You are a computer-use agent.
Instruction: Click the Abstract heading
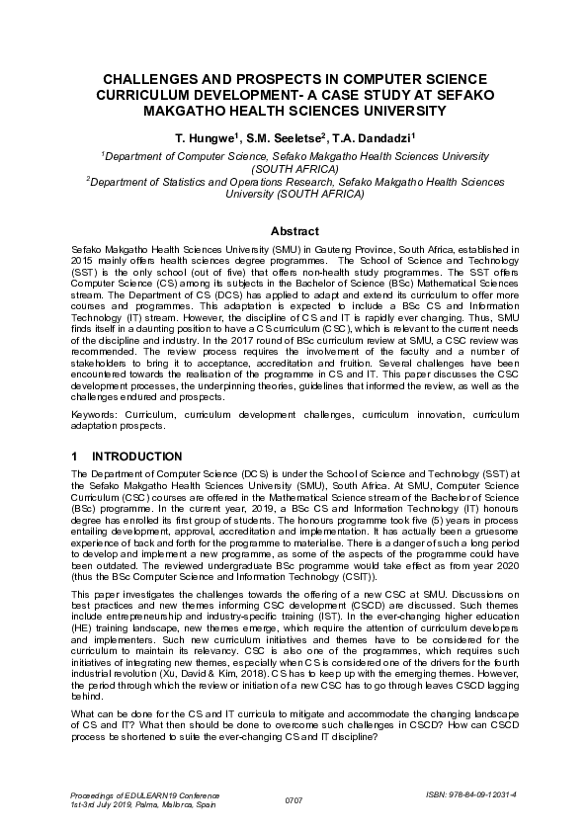coord(294,230)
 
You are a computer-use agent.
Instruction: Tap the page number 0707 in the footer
coord(294,798)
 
